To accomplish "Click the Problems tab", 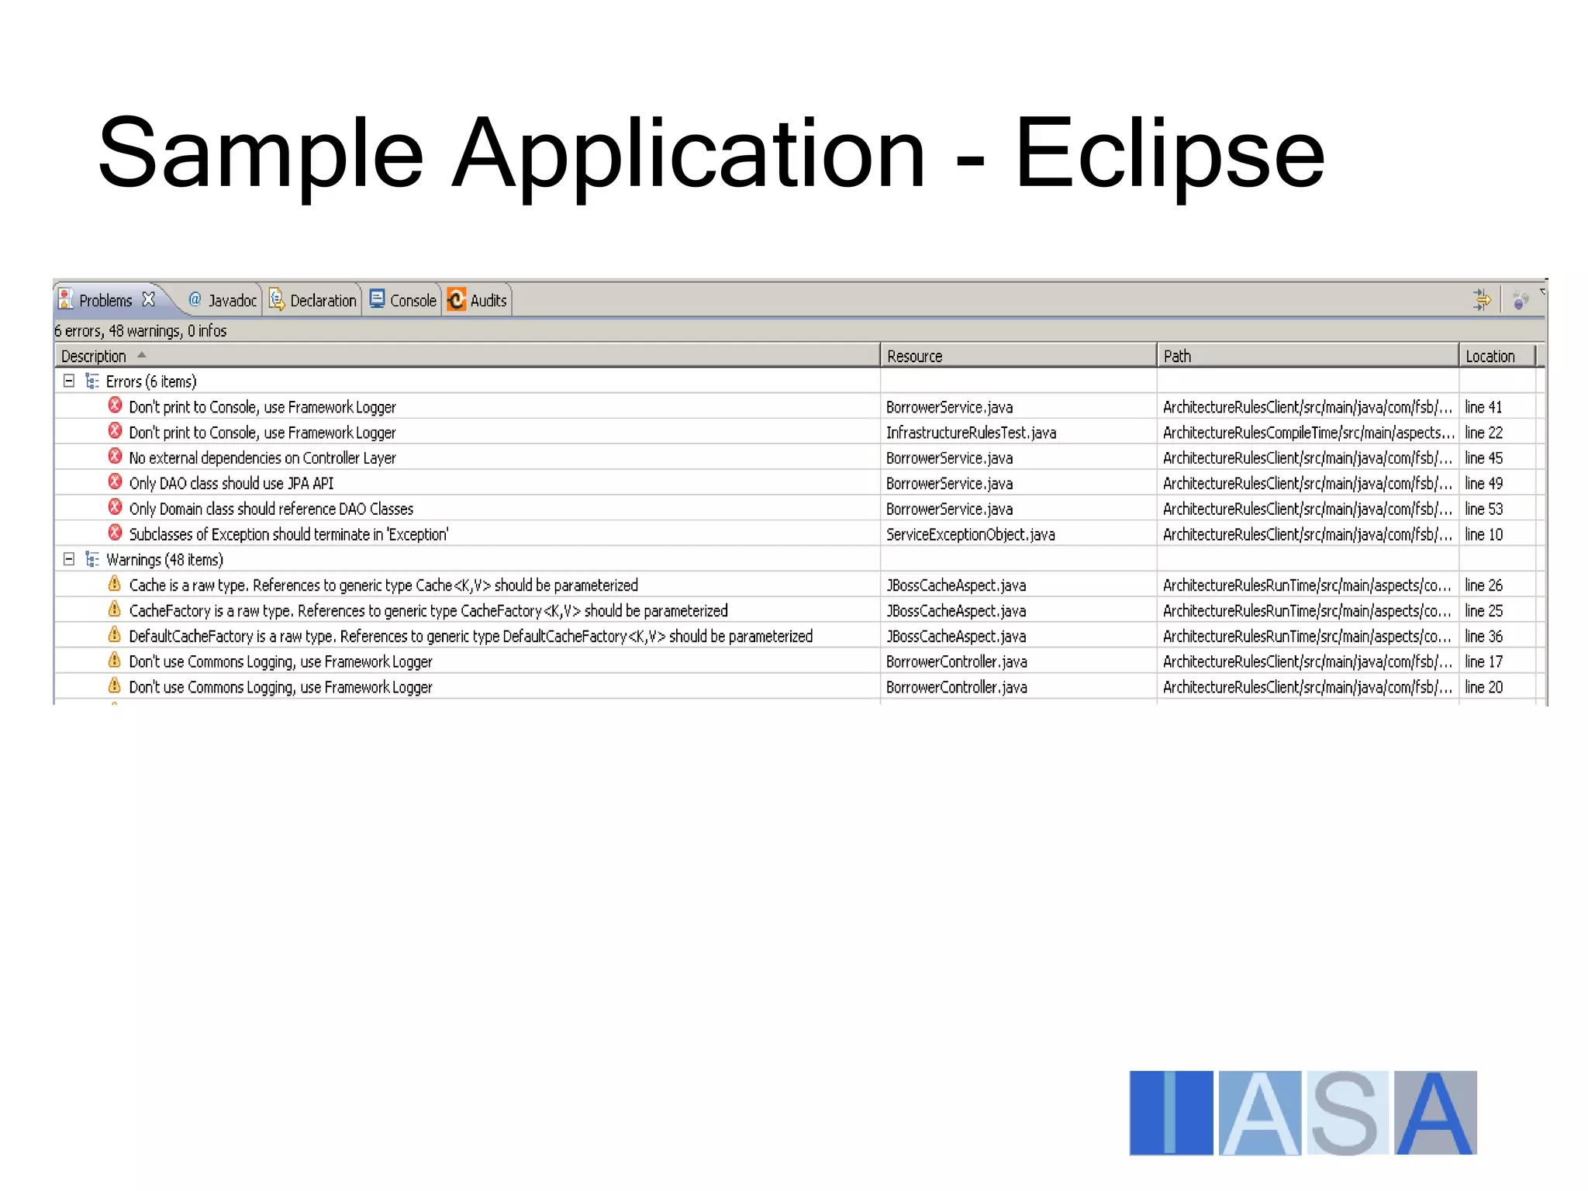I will pos(105,300).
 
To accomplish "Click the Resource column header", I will pos(914,356).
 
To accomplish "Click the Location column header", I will pos(1490,356).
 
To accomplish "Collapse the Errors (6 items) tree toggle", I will pos(69,381).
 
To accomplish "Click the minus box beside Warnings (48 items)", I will pos(69,559).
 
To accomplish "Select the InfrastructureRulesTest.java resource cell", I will pos(971,433).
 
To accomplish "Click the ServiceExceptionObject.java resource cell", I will pos(970,534).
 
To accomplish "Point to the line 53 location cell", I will pos(1483,509).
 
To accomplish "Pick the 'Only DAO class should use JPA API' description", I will pos(231,483).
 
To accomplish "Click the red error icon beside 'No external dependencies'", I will pos(115,457).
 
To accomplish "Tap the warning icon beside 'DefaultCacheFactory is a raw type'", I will pos(115,635).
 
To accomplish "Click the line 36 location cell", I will pos(1483,636).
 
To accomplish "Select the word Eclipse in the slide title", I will pos(1169,153).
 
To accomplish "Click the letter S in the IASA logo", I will pos(1346,1113).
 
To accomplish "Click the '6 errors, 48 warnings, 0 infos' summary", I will pos(140,331).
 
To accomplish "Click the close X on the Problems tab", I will pos(149,299).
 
